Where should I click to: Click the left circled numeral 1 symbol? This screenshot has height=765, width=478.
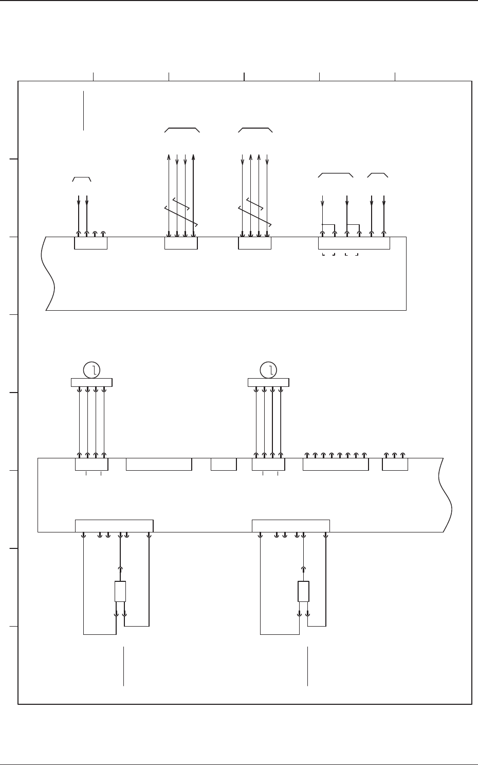pyautogui.click(x=91, y=369)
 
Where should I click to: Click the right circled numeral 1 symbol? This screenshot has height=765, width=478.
pyautogui.click(x=268, y=369)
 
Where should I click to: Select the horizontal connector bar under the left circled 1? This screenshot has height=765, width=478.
pyautogui.click(x=91, y=382)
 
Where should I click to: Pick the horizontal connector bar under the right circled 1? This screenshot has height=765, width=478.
pyautogui.click(x=268, y=382)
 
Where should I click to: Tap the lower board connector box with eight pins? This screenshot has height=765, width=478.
pyautogui.click(x=336, y=464)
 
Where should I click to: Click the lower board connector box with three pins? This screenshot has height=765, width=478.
pyautogui.click(x=395, y=464)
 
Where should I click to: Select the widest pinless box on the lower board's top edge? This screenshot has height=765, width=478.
pyautogui.click(x=159, y=464)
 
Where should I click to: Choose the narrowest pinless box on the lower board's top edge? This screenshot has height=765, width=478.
pyautogui.click(x=224, y=464)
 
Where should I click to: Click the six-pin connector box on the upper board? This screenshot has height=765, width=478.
pyautogui.click(x=354, y=243)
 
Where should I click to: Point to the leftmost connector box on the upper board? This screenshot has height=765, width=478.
pyautogui.click(x=91, y=243)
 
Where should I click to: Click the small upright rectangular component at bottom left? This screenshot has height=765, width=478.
pyautogui.click(x=120, y=592)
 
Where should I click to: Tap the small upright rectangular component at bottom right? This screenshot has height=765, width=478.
pyautogui.click(x=303, y=592)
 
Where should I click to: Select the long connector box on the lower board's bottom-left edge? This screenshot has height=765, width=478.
pyautogui.click(x=114, y=526)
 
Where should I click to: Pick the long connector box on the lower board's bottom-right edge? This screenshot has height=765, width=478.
pyautogui.click(x=290, y=526)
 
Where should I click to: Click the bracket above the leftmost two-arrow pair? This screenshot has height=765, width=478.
pyautogui.click(x=82, y=179)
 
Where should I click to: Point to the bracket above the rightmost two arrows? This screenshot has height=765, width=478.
pyautogui.click(x=378, y=175)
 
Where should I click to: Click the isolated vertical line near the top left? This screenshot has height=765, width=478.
pyautogui.click(x=83, y=111)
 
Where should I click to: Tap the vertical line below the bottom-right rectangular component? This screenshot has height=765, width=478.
pyautogui.click(x=307, y=666)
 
